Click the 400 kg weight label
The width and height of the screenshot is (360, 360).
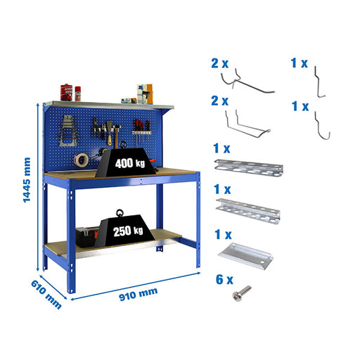click(x=130, y=163)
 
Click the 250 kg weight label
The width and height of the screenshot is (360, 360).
click(x=128, y=231)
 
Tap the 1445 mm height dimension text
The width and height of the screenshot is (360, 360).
click(x=27, y=180)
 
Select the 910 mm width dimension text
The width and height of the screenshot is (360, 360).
click(x=139, y=294)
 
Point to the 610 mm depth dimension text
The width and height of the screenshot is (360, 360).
click(x=46, y=295)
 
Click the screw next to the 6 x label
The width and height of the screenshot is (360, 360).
click(x=242, y=293)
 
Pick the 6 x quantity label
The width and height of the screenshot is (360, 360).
click(x=224, y=280)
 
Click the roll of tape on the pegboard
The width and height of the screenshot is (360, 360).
click(x=82, y=160)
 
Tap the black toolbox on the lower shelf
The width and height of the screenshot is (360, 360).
click(x=87, y=237)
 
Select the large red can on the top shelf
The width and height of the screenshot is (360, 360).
click(x=66, y=92)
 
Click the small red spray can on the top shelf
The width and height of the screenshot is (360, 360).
click(x=78, y=94)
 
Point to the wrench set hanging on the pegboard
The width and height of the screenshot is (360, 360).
click(x=67, y=131)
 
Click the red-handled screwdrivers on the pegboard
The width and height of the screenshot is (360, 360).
click(x=141, y=129)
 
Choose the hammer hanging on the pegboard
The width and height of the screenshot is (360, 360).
click(x=116, y=136)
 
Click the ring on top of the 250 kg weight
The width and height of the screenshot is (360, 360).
click(x=120, y=213)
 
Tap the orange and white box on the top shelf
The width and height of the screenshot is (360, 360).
click(x=145, y=94)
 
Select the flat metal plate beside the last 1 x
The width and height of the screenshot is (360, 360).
click(x=245, y=256)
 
